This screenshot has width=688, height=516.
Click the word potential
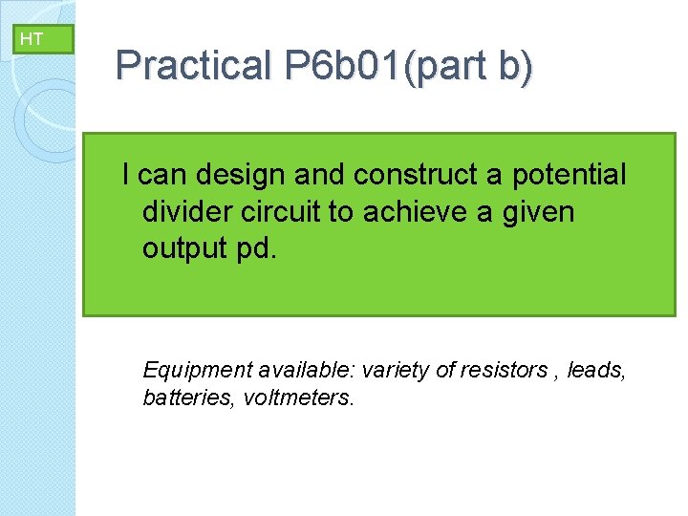click(570, 176)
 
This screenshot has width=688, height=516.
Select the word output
click(183, 247)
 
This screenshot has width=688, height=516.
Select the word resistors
click(501, 370)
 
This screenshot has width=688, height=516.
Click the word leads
click(596, 370)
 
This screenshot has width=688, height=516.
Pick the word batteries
click(187, 397)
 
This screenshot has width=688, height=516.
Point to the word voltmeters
click(298, 397)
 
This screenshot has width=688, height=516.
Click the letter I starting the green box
click(126, 176)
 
